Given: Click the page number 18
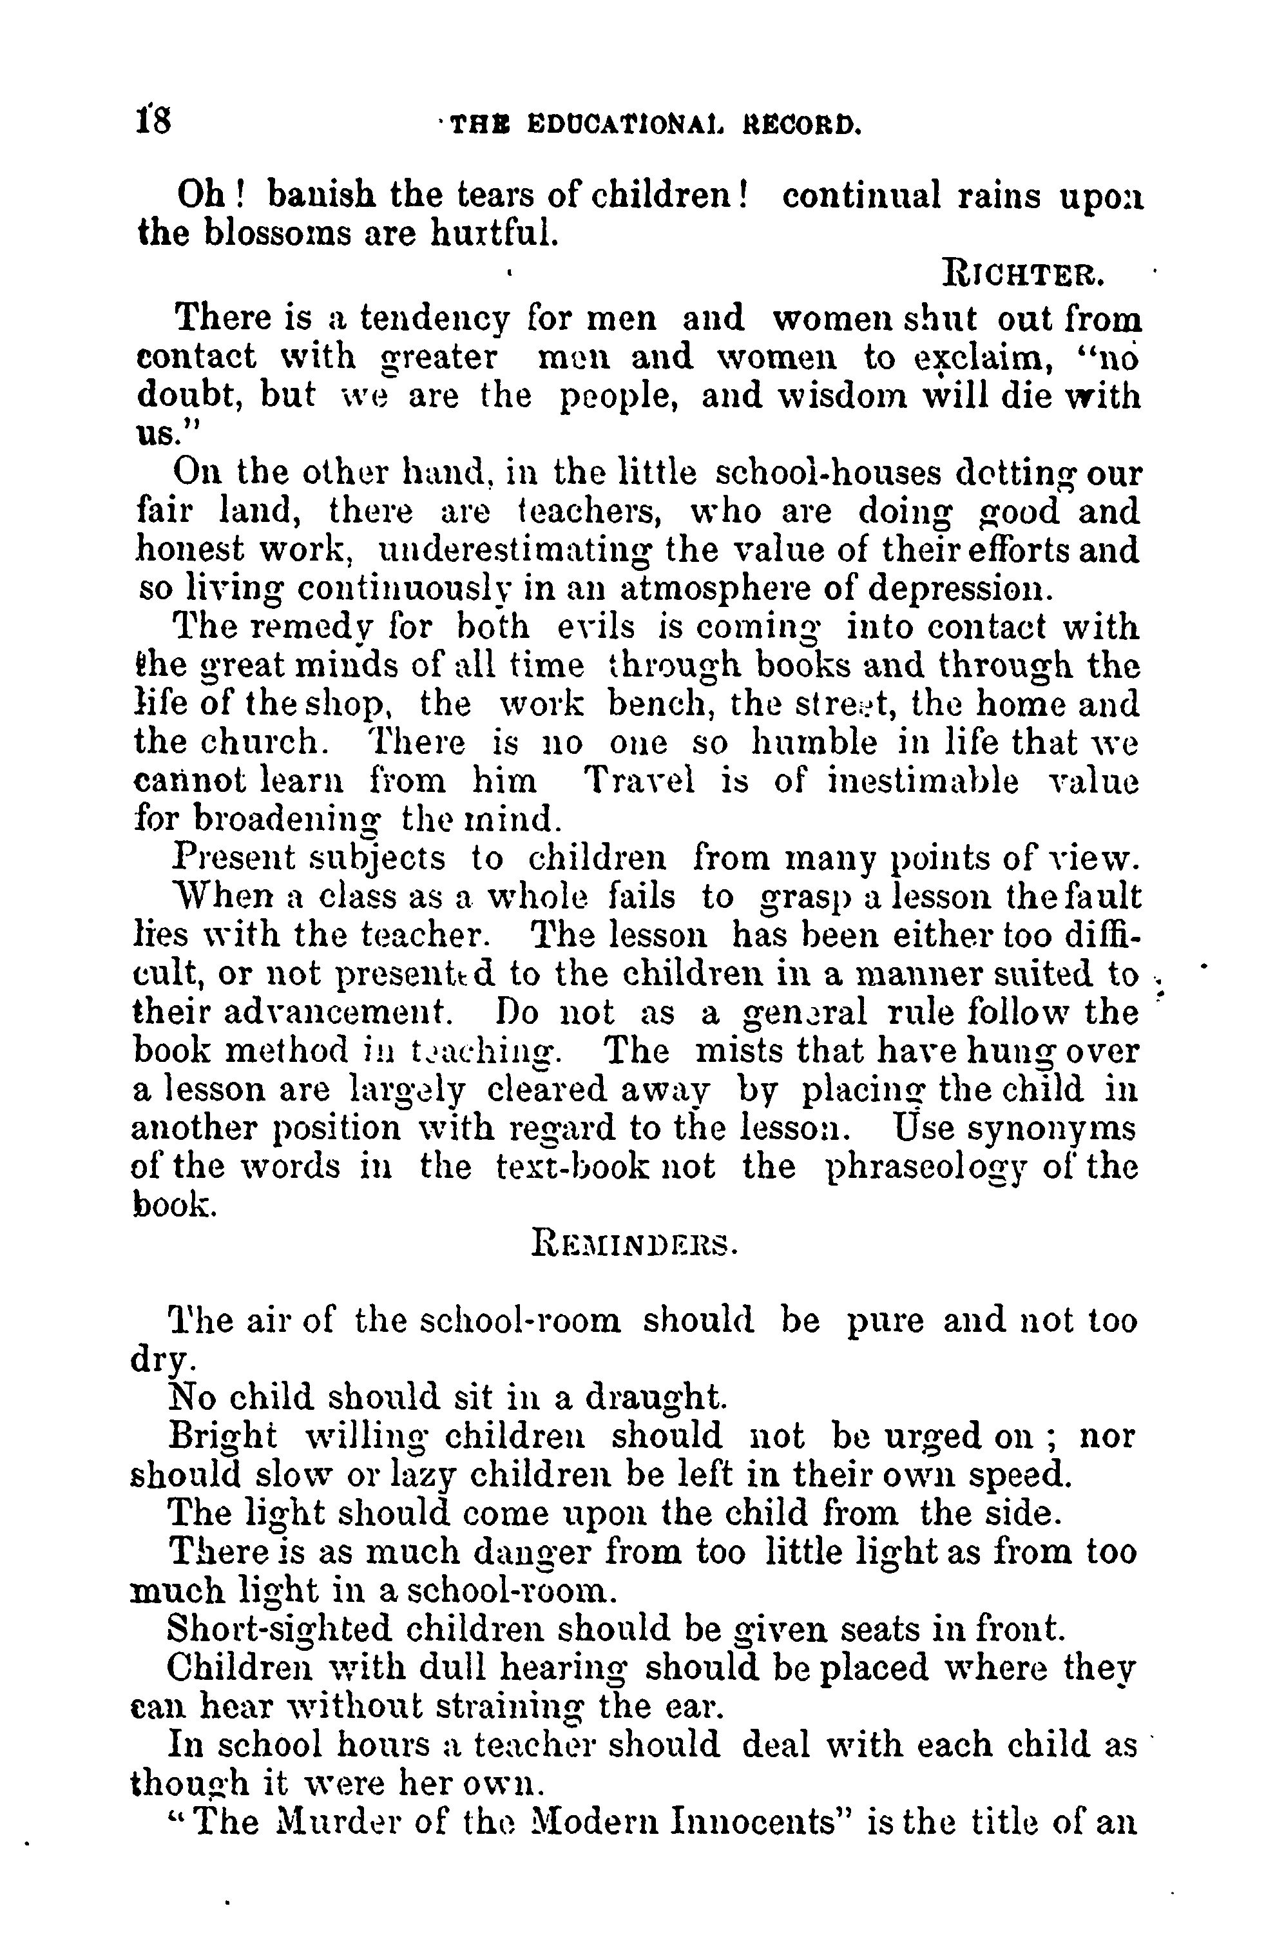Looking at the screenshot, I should tap(154, 124).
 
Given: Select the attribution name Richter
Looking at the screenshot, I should tap(1023, 274).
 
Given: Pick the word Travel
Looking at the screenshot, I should tap(640, 782).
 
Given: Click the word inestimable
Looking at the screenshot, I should tap(923, 782).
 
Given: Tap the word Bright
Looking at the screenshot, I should tap(222, 1438).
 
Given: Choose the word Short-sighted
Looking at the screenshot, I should tap(279, 1630).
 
